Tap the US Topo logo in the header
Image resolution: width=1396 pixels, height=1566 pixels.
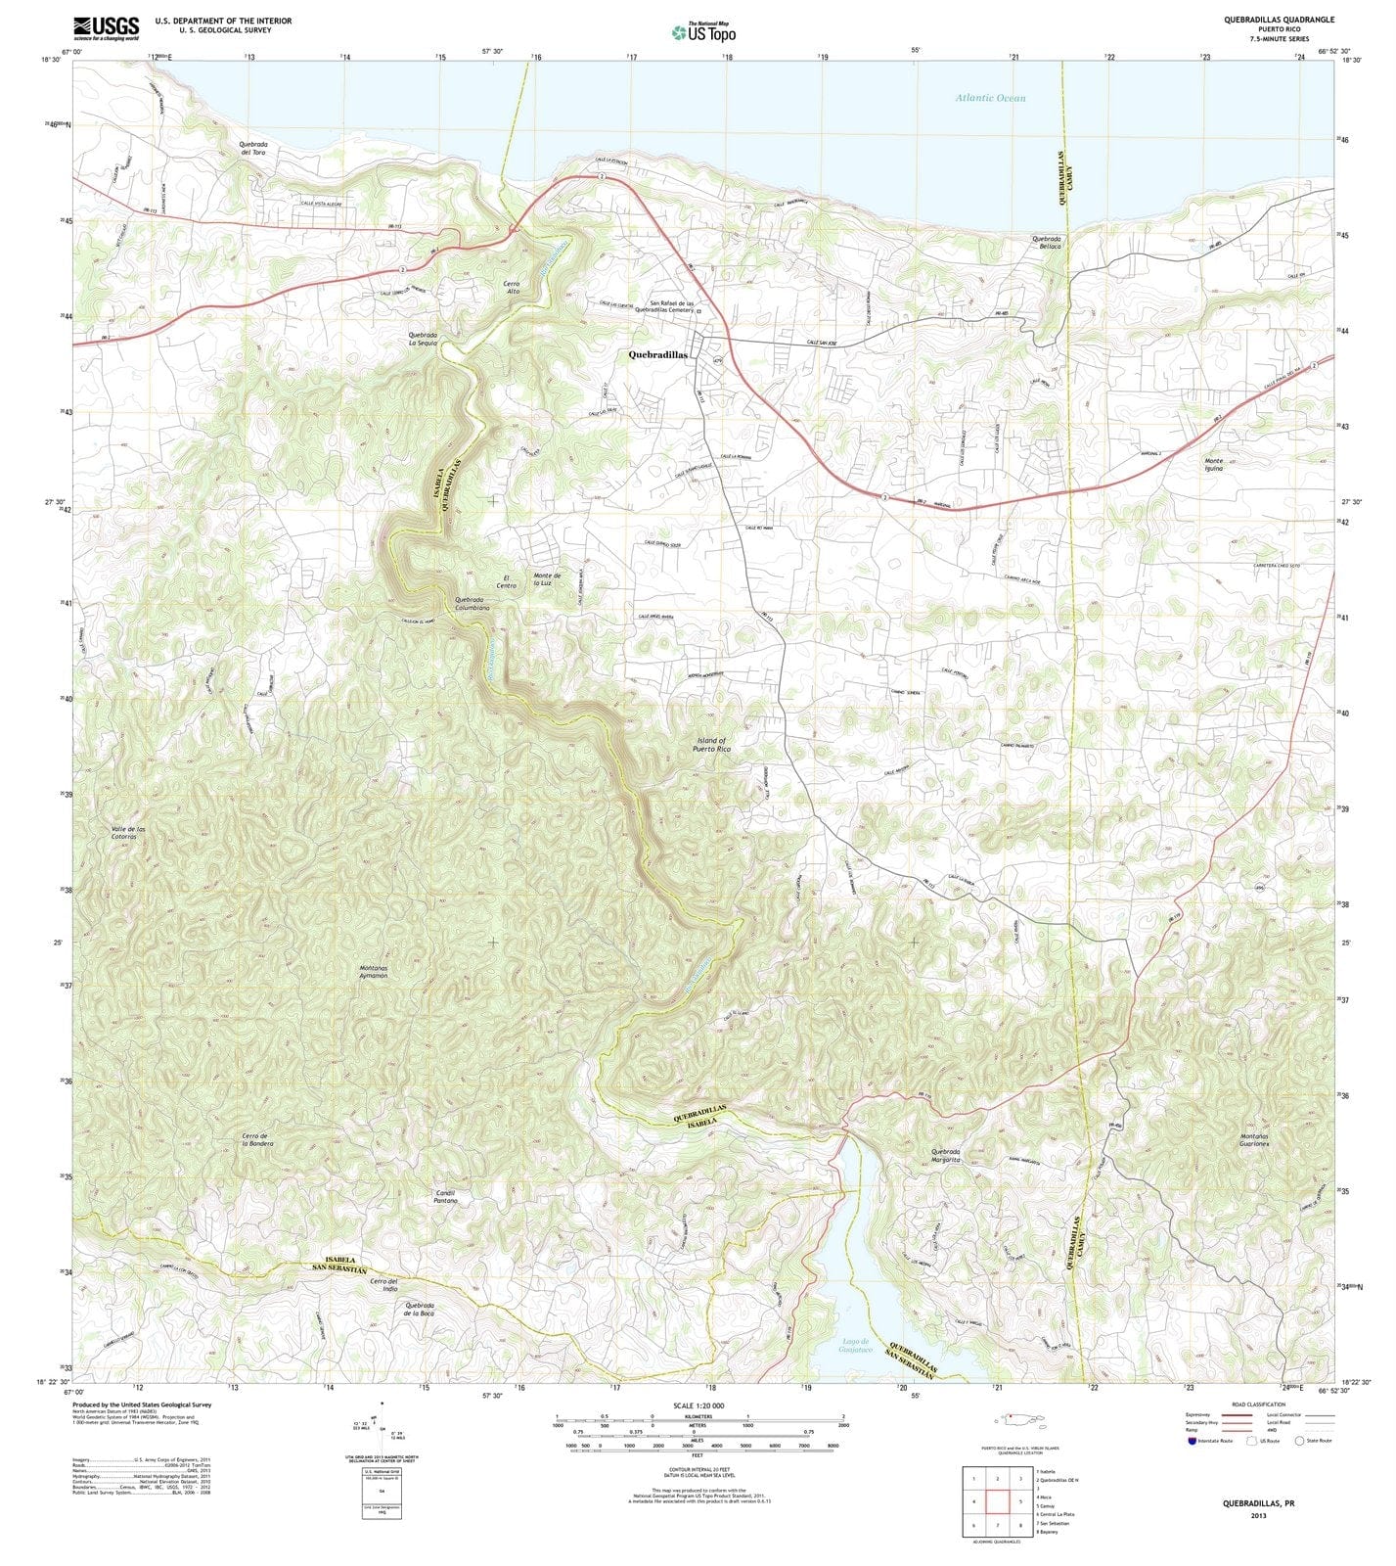[x=703, y=32]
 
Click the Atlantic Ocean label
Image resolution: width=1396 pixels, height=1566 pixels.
[x=991, y=98]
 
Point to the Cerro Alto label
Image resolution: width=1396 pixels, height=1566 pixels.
[x=513, y=288]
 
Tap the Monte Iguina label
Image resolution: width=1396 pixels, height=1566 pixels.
[x=1214, y=465]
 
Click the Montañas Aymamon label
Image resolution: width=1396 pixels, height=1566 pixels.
[x=373, y=972]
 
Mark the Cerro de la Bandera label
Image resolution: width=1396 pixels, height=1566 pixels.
[x=257, y=1139]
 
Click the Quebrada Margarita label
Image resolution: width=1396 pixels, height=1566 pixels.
[x=946, y=1156]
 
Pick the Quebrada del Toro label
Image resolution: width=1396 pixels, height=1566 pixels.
[x=252, y=148]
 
